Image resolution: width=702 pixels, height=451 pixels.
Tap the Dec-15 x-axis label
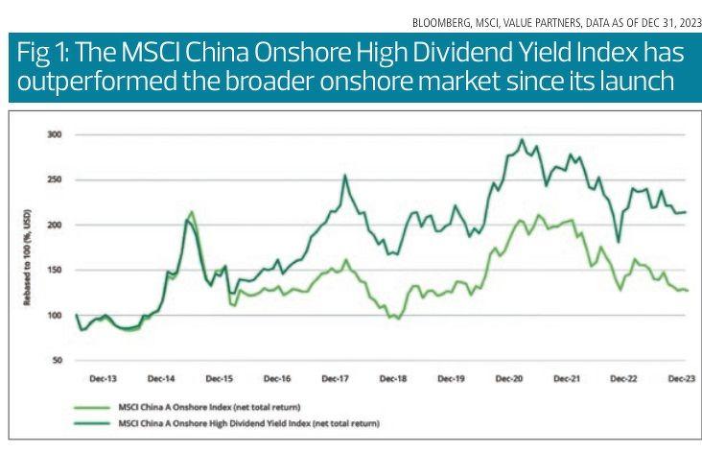click(x=221, y=379)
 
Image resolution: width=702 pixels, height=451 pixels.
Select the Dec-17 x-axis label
click(x=335, y=379)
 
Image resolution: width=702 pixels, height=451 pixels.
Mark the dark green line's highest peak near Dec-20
click(x=522, y=139)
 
